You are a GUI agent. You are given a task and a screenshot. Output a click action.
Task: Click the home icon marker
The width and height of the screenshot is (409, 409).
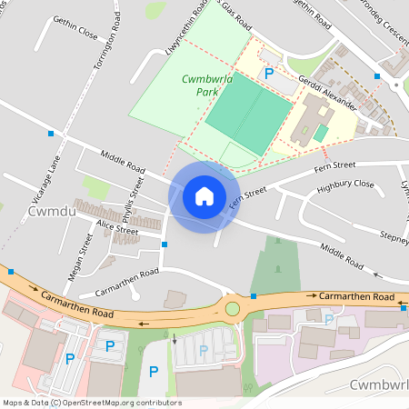[204, 196]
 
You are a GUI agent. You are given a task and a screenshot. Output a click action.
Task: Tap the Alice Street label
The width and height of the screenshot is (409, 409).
[118, 229]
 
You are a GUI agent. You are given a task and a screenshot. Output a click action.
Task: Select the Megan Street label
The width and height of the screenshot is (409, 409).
[80, 256]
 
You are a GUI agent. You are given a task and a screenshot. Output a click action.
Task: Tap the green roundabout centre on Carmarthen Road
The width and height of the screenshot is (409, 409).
[233, 309]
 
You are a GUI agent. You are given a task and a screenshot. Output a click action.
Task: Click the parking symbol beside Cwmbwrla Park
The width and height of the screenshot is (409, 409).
[268, 73]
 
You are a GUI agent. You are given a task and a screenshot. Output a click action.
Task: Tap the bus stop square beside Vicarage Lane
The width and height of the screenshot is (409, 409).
[50, 134]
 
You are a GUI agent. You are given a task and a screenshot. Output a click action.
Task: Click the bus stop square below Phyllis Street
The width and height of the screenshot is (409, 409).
[164, 244]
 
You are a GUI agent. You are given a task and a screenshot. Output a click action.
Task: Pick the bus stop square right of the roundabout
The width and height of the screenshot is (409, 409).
[254, 297]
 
